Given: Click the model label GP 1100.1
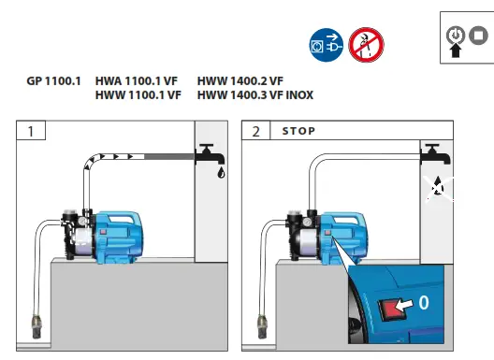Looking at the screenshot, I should pyautogui.click(x=53, y=82).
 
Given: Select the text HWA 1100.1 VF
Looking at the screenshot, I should pyautogui.click(x=138, y=82).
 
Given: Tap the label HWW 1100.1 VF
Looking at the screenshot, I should pyautogui.click(x=138, y=95).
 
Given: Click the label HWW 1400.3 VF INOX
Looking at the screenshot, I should pyautogui.click(x=254, y=95).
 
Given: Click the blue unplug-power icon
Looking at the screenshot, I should pyautogui.click(x=325, y=43).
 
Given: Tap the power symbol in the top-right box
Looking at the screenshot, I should pyautogui.click(x=456, y=35).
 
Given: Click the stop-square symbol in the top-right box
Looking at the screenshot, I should pyautogui.click(x=478, y=35).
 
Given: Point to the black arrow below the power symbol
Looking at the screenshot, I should pyautogui.click(x=456, y=51).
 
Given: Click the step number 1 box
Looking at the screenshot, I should pyautogui.click(x=32, y=131).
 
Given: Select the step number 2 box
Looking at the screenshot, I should pyautogui.click(x=256, y=131).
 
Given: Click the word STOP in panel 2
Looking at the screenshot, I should pyautogui.click(x=298, y=131).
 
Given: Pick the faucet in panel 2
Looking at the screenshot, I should pyautogui.click(x=431, y=154).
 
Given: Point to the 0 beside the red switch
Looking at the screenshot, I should pyautogui.click(x=423, y=302).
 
